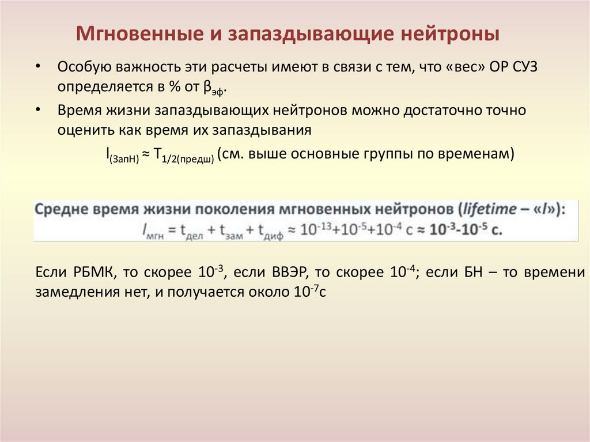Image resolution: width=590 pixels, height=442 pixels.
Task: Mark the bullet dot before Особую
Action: point(38,66)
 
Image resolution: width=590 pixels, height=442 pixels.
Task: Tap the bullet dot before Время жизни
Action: point(38,109)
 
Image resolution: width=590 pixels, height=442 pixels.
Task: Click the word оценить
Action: point(81,130)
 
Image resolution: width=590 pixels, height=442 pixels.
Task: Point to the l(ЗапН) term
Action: point(122,156)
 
